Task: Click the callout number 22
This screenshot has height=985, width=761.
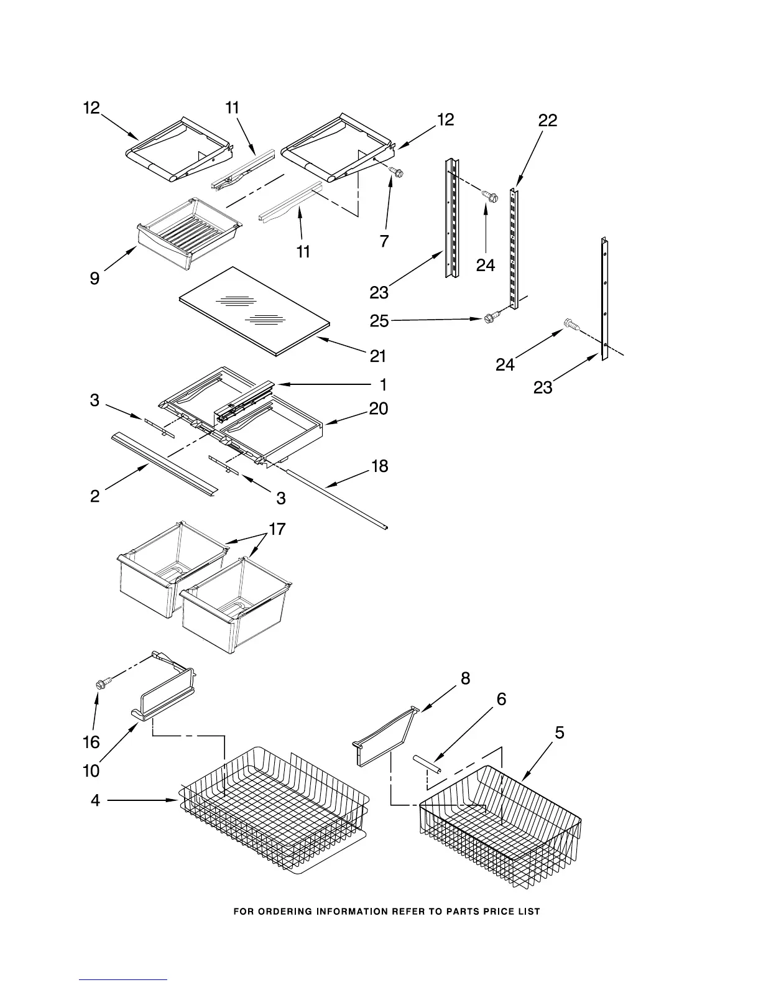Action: click(x=547, y=121)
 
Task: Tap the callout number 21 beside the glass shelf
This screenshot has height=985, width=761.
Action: click(x=377, y=356)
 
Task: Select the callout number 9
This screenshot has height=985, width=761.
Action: click(x=95, y=278)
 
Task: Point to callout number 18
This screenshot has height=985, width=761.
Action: click(x=379, y=466)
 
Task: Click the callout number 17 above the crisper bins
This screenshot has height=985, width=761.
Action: click(x=277, y=529)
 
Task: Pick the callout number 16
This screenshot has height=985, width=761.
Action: click(x=91, y=742)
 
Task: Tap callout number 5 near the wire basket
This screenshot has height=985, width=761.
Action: click(x=560, y=733)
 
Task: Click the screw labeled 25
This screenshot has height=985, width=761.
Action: click(x=490, y=319)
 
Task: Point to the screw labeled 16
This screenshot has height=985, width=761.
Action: click(x=100, y=683)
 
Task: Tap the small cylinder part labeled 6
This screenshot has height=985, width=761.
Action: click(x=428, y=764)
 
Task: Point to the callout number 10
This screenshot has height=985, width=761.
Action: click(x=91, y=771)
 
